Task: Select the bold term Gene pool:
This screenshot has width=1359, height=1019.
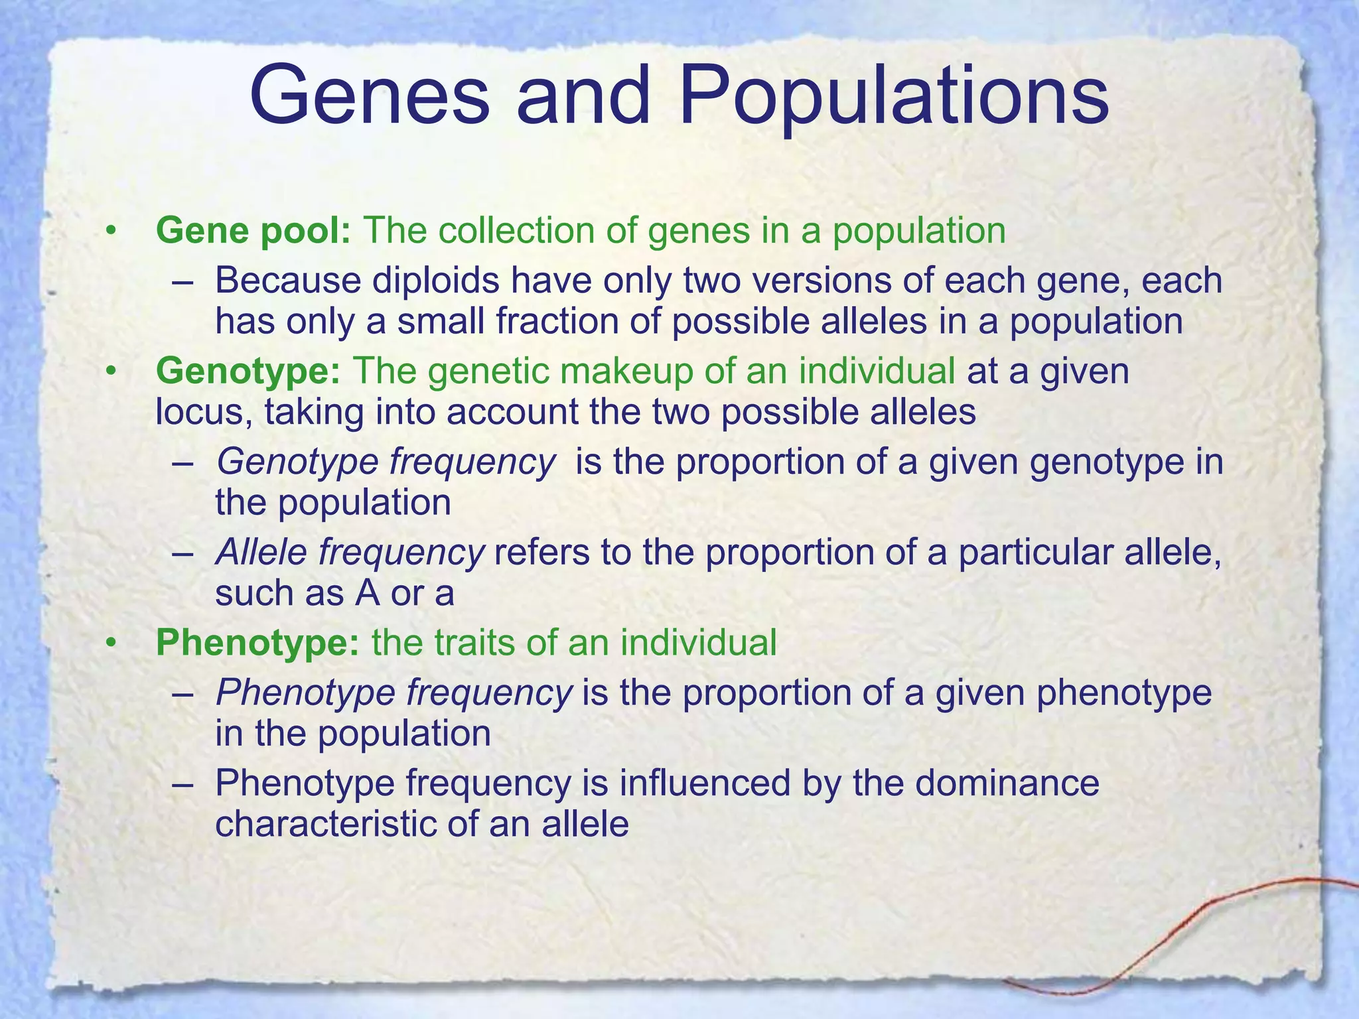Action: click(x=253, y=231)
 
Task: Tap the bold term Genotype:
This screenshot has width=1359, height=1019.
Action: click(x=248, y=371)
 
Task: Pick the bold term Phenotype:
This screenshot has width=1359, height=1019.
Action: click(x=257, y=642)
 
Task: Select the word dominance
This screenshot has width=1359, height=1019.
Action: click(x=1008, y=783)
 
